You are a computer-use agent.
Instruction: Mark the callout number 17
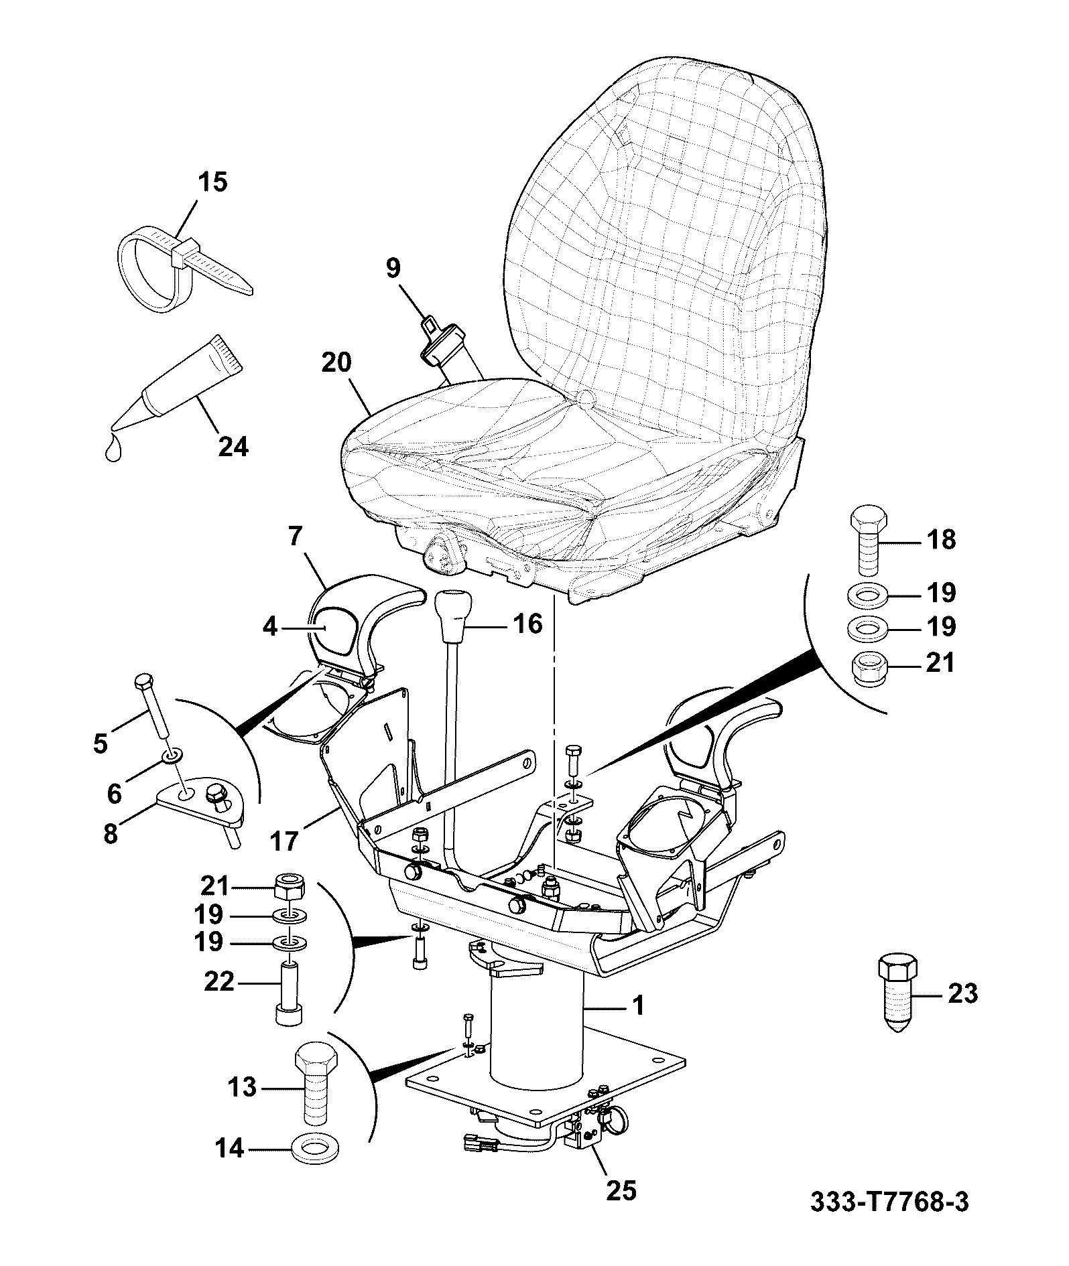(x=285, y=840)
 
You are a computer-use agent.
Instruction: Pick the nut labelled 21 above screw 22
(x=290, y=887)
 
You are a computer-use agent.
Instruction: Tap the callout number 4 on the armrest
(x=270, y=628)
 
